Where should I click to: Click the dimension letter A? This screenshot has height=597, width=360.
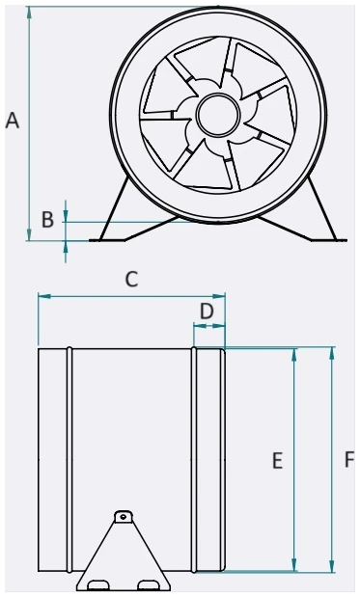tap(13, 122)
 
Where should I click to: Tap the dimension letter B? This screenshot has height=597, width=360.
tap(47, 220)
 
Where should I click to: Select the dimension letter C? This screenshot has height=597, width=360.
tap(131, 279)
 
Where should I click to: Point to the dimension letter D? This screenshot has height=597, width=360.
tap(207, 312)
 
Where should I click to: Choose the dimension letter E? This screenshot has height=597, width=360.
tap(277, 460)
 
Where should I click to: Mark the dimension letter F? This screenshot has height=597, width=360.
tap(349, 459)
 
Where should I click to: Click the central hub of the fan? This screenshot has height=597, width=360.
tap(218, 114)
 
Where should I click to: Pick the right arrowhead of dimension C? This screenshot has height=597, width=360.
tap(219, 296)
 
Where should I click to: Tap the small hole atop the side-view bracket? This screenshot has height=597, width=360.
tap(123, 517)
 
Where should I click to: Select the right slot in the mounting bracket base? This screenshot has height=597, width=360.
tap(149, 584)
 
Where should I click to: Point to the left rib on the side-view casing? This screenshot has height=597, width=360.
tap(69, 459)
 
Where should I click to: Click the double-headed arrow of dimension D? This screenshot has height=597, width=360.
tap(209, 326)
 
